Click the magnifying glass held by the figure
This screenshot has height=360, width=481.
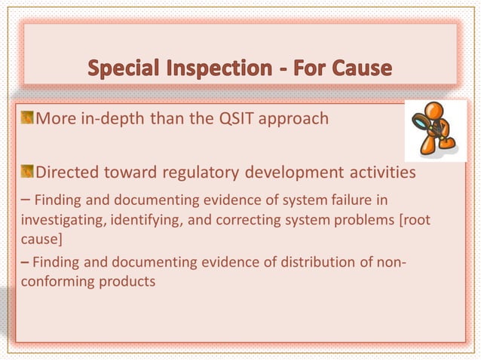pyautogui.click(x=420, y=121)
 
